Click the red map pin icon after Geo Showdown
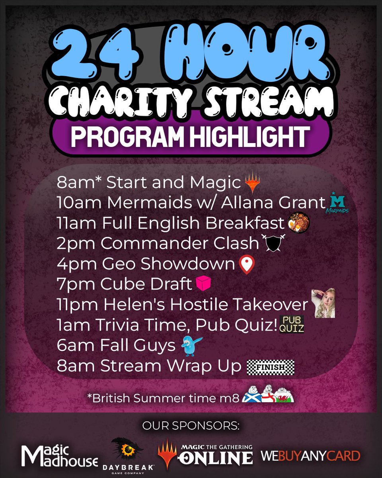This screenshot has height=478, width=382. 247,265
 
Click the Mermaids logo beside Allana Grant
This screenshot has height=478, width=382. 339,202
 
